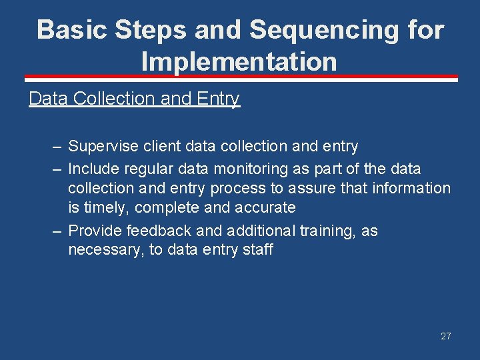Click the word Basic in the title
click(72, 30)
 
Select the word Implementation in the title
click(239, 62)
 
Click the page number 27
click(445, 336)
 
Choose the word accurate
click(264, 207)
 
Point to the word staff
click(256, 250)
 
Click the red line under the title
click(239, 79)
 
